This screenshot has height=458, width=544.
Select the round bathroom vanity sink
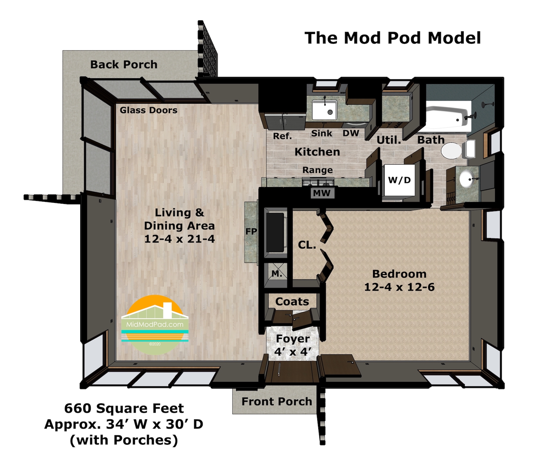(467, 179)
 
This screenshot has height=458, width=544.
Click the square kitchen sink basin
(324, 110)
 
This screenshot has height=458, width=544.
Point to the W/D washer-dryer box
(399, 180)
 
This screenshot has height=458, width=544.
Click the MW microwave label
(322, 193)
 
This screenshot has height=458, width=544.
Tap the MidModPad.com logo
(155, 325)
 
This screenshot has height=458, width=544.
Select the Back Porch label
(124, 64)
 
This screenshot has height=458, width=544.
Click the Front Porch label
(276, 402)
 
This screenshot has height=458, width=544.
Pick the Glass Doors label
(149, 110)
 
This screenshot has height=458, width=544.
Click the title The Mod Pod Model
(393, 38)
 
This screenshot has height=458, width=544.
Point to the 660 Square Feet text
(124, 408)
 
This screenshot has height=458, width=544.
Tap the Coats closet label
(292, 302)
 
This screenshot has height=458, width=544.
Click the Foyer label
(293, 339)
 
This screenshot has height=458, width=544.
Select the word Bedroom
(399, 274)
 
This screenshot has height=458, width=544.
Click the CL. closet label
(307, 245)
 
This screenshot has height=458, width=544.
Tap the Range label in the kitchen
(318, 170)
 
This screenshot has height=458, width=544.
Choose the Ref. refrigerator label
(283, 136)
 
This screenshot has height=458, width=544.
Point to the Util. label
(389, 140)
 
